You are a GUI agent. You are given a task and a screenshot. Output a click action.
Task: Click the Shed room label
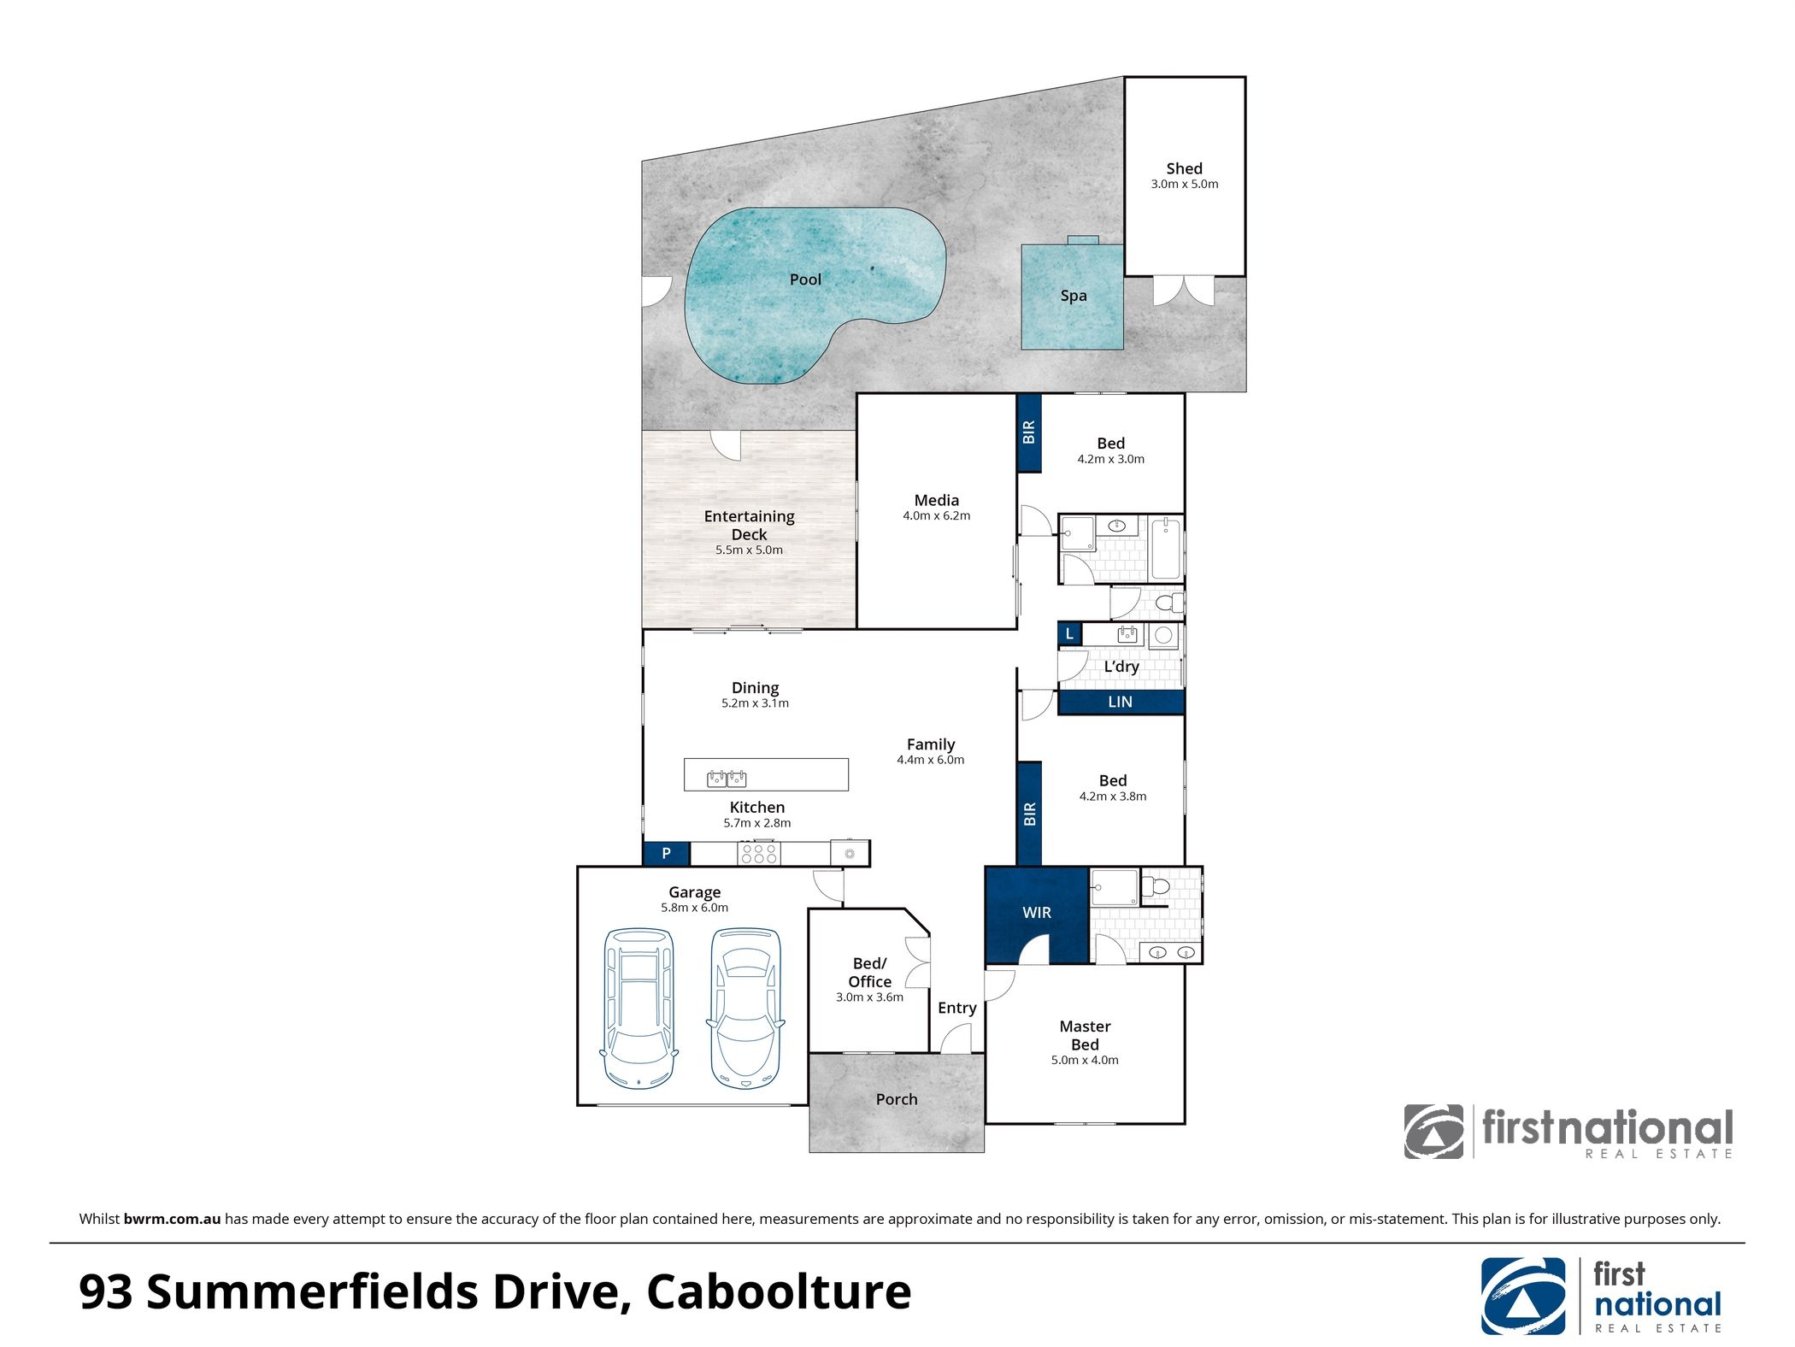[x=1184, y=169]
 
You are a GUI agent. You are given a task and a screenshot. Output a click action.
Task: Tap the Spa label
[x=1074, y=296]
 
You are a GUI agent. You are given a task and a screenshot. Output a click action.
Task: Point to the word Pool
[x=805, y=279]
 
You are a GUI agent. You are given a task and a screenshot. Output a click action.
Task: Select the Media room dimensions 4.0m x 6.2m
[x=936, y=516]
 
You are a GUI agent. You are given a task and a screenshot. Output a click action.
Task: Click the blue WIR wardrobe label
[x=1037, y=913]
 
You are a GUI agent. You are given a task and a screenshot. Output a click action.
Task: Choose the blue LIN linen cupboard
[x=1121, y=702]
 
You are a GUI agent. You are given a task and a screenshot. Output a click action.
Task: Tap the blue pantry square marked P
[x=667, y=853]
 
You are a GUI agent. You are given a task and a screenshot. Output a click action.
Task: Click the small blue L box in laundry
[x=1069, y=634]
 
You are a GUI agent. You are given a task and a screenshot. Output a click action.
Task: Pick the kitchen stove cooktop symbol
[x=759, y=853]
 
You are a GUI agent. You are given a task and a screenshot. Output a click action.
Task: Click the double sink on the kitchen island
[x=727, y=779]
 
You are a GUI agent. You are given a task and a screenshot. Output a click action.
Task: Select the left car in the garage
[x=639, y=1008]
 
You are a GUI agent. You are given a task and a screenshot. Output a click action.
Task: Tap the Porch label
[x=897, y=1099]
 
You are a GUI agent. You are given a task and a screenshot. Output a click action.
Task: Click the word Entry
[x=956, y=1009]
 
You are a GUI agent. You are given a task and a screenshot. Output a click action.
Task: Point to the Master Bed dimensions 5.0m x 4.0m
[x=1085, y=1061]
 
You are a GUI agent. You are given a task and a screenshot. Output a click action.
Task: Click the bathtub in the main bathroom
[x=1166, y=549]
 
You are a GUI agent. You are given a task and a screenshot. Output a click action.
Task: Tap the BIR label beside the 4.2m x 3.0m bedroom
[x=1029, y=432]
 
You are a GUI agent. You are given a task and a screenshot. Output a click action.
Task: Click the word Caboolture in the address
[x=779, y=1291]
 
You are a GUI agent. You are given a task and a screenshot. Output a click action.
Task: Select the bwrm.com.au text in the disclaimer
[x=172, y=1220]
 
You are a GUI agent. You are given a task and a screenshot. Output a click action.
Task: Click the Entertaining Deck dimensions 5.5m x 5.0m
[x=749, y=550]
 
